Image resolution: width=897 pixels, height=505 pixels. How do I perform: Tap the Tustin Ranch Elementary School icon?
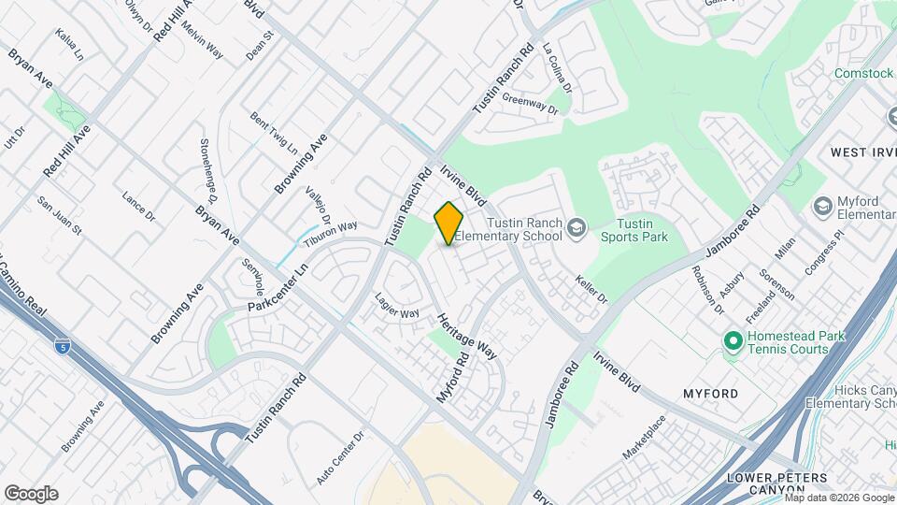pyautogui.click(x=577, y=226)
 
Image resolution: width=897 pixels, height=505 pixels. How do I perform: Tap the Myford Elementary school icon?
pyautogui.click(x=823, y=206)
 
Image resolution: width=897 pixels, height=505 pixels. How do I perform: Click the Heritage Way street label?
pyautogui.click(x=464, y=336)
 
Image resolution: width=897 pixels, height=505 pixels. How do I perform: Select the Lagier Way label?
pyautogui.click(x=396, y=308)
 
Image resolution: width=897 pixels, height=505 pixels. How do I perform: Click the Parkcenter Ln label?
pyautogui.click(x=278, y=290)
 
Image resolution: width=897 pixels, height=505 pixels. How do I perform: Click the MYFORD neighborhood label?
pyautogui.click(x=710, y=393)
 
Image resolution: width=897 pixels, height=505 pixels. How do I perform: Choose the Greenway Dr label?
pyautogui.click(x=529, y=103)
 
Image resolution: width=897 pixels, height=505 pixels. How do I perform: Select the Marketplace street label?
pyautogui.click(x=644, y=437)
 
